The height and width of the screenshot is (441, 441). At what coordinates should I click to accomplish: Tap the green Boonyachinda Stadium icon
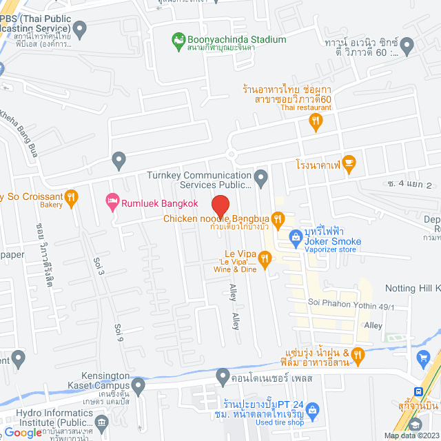[x=179, y=39]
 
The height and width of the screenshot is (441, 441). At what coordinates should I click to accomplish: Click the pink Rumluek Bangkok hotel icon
[x=112, y=202]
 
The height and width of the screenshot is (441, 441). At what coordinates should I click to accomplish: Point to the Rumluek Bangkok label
[x=160, y=203]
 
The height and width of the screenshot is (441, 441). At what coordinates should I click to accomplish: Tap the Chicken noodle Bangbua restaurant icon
[x=278, y=220]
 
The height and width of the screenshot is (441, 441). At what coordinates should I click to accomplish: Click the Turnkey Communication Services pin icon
[x=260, y=180]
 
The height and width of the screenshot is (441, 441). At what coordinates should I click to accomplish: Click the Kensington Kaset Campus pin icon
[x=139, y=388]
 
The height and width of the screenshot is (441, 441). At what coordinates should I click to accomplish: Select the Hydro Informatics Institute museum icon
[x=102, y=422]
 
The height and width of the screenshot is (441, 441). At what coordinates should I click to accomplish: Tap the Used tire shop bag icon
[x=312, y=411]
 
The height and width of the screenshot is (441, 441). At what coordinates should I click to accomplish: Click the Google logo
[x=23, y=432]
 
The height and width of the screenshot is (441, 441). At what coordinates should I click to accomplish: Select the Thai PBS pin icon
[x=81, y=30]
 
